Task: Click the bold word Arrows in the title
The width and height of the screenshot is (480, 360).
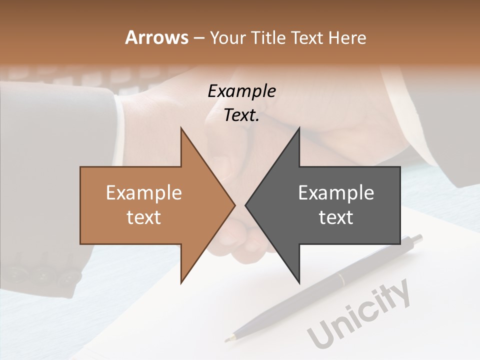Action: pos(156,37)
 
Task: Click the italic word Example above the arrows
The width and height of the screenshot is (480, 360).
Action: pos(241,91)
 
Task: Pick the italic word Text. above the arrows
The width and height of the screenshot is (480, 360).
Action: pos(241,115)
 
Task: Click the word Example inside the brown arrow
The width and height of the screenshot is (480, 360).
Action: pos(144,193)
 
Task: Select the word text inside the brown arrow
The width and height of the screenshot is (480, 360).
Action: pos(144,217)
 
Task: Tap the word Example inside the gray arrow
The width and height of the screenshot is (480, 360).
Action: pos(336,193)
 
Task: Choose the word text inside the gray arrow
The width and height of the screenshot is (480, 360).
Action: pos(336,217)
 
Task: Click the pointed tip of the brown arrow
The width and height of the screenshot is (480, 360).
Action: pos(234,204)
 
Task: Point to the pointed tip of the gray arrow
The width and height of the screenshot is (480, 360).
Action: pos(246,204)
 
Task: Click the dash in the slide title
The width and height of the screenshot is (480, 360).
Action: pos(198,38)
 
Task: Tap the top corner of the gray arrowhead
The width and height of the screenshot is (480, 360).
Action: pos(299,128)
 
